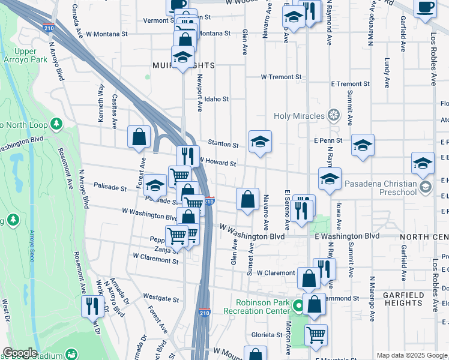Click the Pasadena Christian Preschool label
tap(398, 188)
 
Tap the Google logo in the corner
tap(20, 353)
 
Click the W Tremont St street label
tap(281, 77)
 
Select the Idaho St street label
tap(217, 98)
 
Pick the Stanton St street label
tap(223, 144)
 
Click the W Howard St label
tap(218, 163)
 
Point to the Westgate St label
tap(161, 298)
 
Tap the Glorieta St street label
tap(267, 335)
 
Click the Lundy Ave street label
tap(387, 71)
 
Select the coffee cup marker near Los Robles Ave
tap(426, 8)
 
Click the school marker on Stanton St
tap(260, 142)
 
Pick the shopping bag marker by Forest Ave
tap(139, 136)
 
